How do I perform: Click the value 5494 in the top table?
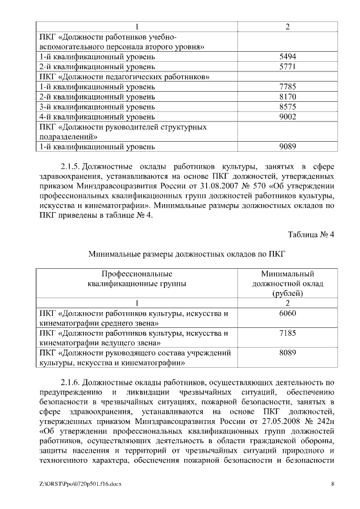click(287, 57)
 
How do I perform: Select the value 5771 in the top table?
click(287, 67)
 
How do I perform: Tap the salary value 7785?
click(287, 87)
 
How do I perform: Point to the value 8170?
click(287, 97)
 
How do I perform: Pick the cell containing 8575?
click(287, 107)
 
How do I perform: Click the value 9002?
click(287, 116)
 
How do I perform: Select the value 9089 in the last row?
click(287, 146)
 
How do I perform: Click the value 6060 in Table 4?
click(287, 313)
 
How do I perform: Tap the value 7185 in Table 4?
click(287, 333)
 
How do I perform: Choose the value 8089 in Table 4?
click(287, 353)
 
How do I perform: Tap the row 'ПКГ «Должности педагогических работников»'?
click(125, 77)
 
